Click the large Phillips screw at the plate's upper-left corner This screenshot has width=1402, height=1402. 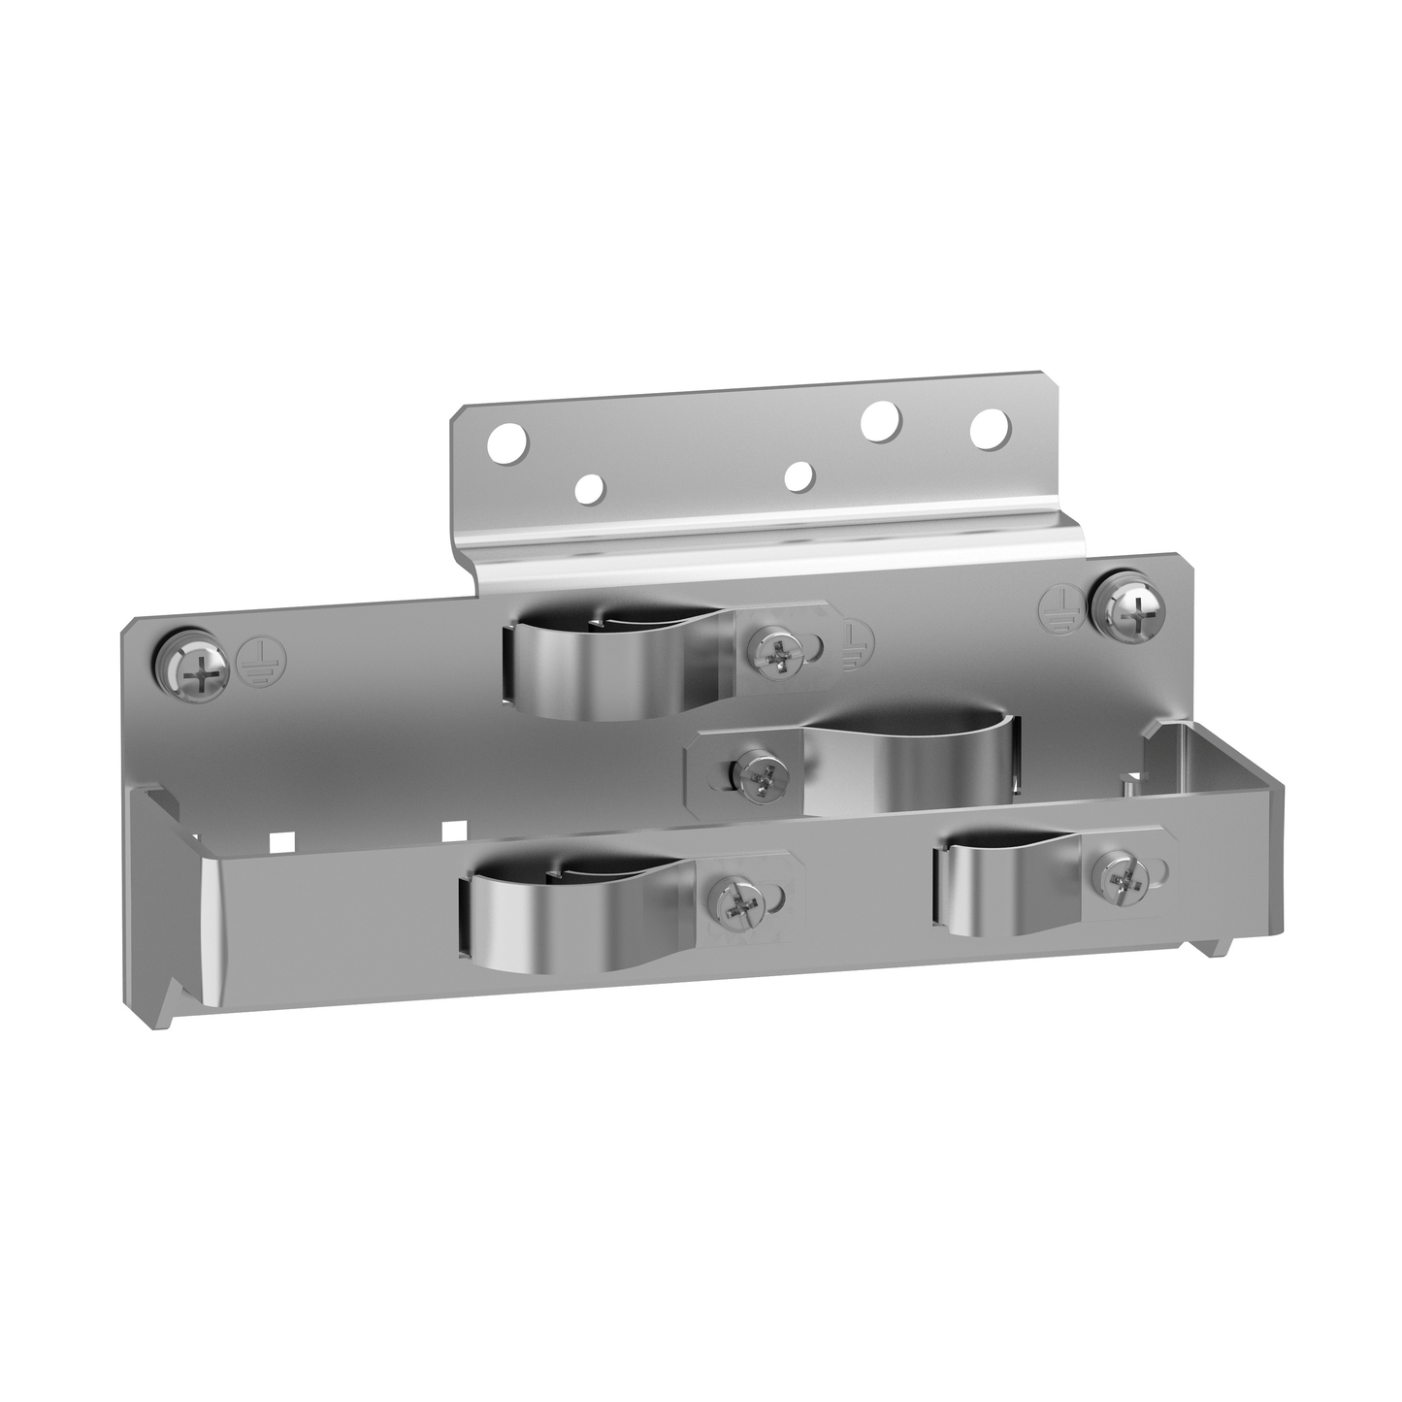[197, 668]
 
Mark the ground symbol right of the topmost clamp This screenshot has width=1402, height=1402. [854, 641]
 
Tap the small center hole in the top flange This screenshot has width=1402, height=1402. [799, 474]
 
